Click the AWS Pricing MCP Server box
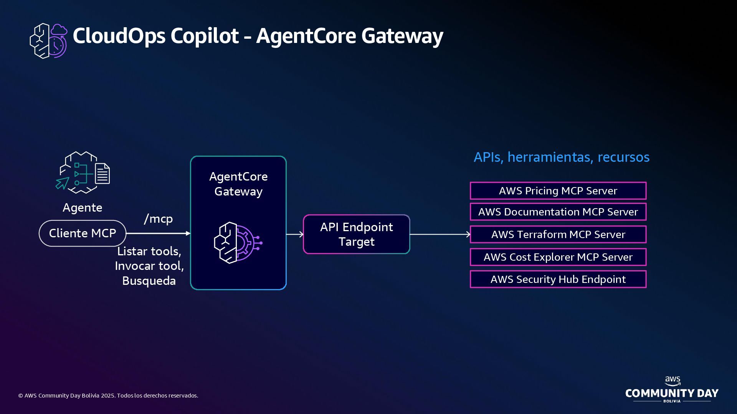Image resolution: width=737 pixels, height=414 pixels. click(x=558, y=191)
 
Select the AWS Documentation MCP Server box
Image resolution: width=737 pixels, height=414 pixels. click(x=558, y=212)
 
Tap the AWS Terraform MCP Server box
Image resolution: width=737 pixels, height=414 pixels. click(x=558, y=235)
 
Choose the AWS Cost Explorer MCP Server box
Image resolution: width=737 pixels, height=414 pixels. click(x=558, y=257)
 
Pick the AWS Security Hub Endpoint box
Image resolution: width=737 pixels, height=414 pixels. click(x=558, y=279)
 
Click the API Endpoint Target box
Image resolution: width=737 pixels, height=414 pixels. click(x=356, y=234)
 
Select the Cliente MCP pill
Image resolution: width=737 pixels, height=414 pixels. click(x=83, y=233)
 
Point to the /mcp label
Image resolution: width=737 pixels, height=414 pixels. click(x=158, y=219)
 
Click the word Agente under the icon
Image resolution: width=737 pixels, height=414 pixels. click(x=83, y=208)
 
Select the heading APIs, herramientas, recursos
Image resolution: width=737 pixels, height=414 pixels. click(x=561, y=157)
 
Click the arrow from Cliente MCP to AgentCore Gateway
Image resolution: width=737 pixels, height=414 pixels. click(x=158, y=233)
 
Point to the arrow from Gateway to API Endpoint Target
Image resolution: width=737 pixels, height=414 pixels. click(x=295, y=234)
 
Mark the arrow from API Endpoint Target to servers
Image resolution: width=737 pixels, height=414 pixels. click(x=440, y=234)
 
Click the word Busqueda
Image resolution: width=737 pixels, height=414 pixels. click(x=149, y=281)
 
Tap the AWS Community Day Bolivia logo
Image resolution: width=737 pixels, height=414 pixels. click(x=672, y=390)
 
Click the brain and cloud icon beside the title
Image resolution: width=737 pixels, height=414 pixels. click(x=48, y=41)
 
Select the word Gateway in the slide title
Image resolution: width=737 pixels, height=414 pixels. click(x=402, y=36)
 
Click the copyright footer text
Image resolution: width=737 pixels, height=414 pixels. click(x=108, y=396)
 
